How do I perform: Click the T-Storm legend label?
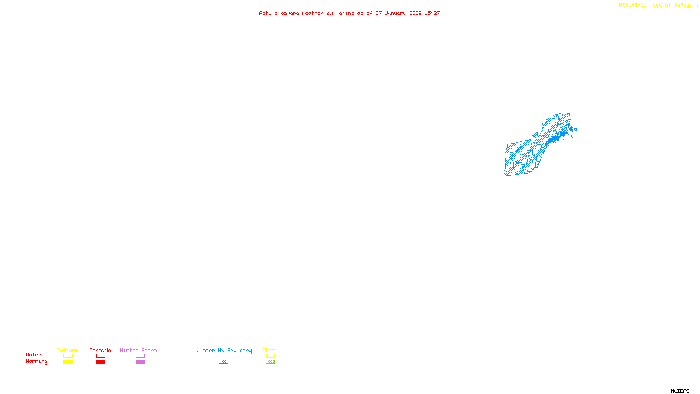(67, 350)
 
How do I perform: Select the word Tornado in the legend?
(100, 350)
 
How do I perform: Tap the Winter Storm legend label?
(138, 350)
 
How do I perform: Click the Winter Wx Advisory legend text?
(224, 350)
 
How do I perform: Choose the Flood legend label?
(270, 350)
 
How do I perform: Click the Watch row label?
(34, 355)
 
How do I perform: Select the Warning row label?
(37, 362)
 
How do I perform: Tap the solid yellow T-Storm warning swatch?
(68, 362)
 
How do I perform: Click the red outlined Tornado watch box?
(101, 356)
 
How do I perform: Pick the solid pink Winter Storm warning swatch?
(140, 362)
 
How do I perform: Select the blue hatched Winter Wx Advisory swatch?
(223, 362)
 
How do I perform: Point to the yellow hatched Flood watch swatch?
(270, 356)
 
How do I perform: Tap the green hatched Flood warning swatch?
(270, 362)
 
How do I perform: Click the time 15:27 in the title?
(432, 13)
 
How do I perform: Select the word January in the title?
(395, 13)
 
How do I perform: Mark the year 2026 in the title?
(416, 13)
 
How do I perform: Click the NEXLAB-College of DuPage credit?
(656, 5)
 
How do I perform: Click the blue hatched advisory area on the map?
(521, 158)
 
